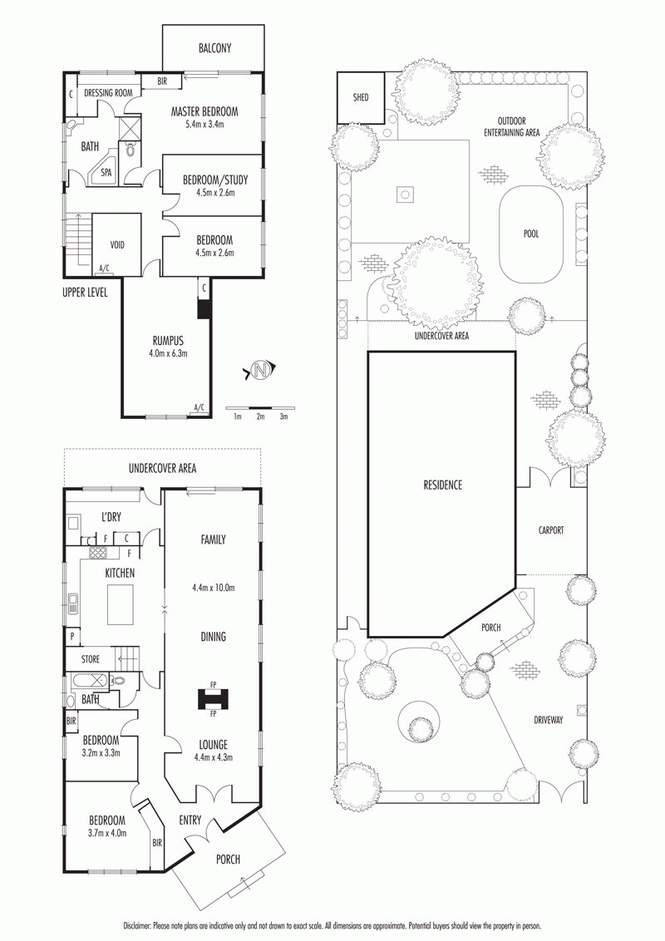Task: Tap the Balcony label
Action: pos(214,48)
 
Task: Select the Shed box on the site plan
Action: pos(361,97)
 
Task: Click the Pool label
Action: pos(531,234)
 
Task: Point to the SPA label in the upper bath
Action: pos(106,172)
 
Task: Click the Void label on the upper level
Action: pos(117,245)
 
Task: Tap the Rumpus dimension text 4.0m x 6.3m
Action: pos(168,353)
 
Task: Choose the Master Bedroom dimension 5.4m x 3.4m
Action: pos(204,124)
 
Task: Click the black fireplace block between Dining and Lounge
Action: pos(213,698)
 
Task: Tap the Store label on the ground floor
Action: pos(91,659)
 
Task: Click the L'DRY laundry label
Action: pos(111,516)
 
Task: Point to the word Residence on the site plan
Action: pos(443,485)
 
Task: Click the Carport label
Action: pos(551,530)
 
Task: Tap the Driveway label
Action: pos(548,719)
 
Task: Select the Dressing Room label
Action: pos(108,93)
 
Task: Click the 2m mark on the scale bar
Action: pos(260,416)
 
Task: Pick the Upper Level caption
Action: pos(85,293)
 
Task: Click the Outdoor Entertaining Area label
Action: pos(512,126)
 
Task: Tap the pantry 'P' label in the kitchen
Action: pos(72,636)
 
